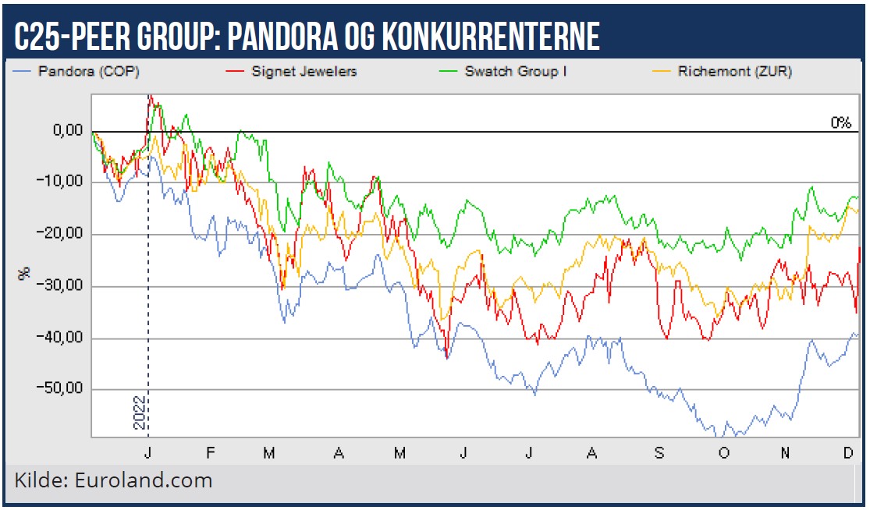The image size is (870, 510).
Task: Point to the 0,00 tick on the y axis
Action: [67, 131]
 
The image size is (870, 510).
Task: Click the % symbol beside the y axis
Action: [25, 273]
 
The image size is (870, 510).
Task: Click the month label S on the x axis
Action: [659, 453]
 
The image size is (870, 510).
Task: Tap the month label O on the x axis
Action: [723, 453]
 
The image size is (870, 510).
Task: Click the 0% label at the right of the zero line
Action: [841, 122]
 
